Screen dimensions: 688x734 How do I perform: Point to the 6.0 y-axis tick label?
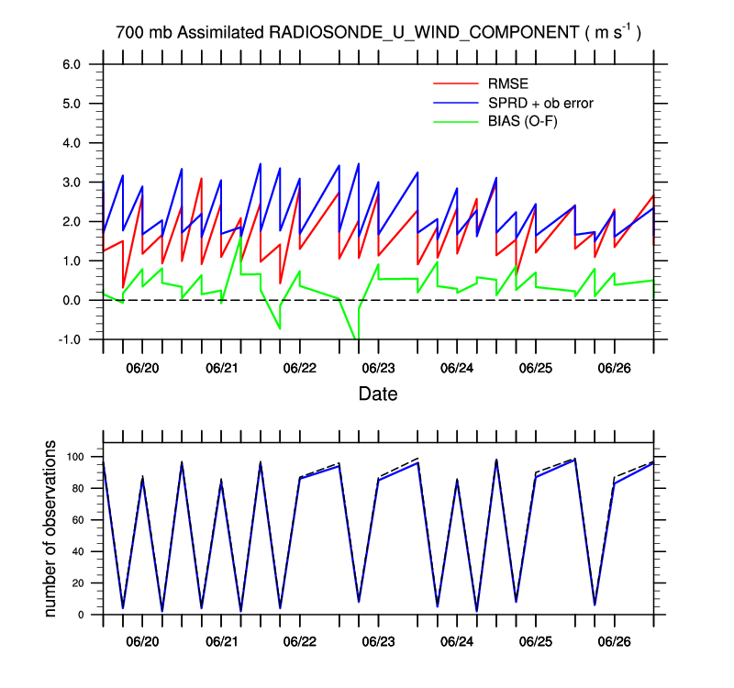point(72,64)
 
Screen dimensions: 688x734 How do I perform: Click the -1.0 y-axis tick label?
point(70,339)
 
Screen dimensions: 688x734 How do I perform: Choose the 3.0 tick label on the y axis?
point(72,183)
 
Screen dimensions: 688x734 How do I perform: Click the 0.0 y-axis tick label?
point(72,300)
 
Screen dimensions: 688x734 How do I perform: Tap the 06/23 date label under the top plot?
point(378,368)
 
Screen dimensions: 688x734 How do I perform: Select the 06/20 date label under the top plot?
point(143,368)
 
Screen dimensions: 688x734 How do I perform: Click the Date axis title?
point(378,394)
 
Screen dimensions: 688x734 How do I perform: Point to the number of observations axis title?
point(51,529)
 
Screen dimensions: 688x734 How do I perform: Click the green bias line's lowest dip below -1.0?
point(356,338)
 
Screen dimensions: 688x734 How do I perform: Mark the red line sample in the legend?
point(455,84)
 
